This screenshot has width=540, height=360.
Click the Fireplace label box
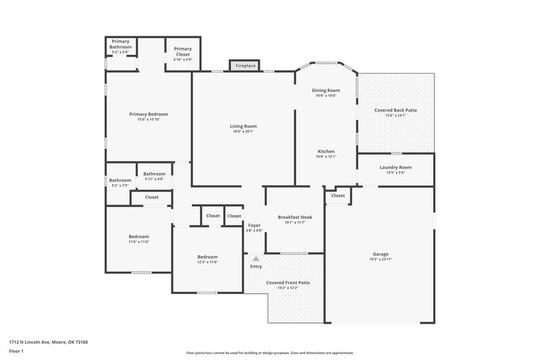tap(245, 66)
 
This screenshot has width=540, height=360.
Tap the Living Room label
tap(243, 126)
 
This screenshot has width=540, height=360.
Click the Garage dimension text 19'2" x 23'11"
tap(381, 259)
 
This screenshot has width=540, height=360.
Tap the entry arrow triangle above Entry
tap(256, 258)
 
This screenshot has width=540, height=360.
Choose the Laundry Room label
tap(396, 167)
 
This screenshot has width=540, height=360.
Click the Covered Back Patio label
tap(396, 110)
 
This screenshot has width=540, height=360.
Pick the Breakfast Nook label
tap(295, 217)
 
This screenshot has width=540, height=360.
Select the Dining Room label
tap(325, 91)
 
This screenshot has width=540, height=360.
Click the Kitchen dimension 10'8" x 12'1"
tap(326, 157)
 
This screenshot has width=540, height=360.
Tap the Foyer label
tap(254, 225)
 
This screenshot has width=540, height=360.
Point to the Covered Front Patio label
tap(283, 282)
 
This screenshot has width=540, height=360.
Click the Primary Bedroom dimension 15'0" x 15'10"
tap(148, 120)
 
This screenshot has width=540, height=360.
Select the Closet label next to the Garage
tap(338, 196)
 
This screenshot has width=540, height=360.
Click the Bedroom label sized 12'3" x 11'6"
tap(207, 257)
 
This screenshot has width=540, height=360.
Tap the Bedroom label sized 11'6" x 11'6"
tap(139, 236)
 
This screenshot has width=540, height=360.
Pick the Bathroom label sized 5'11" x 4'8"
tap(154, 174)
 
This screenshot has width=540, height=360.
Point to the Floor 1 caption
tap(16, 352)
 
